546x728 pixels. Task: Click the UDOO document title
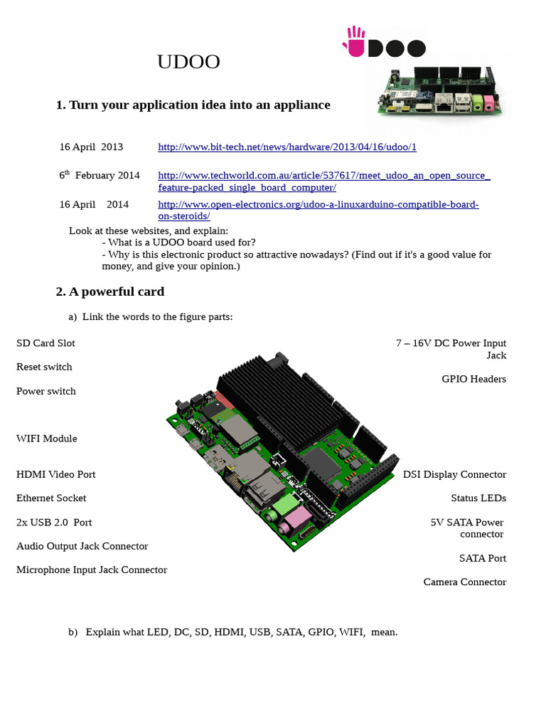coord(188,63)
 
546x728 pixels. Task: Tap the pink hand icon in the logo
coord(355,41)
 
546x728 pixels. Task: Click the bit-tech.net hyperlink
coord(287,147)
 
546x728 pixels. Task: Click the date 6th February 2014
coord(99,176)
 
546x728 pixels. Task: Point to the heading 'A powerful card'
coord(109,291)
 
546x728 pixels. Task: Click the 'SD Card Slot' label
coord(45,343)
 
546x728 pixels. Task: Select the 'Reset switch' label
coord(44,367)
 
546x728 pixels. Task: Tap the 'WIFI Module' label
coord(46,439)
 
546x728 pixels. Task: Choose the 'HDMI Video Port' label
coord(55,474)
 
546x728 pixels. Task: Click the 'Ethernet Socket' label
coord(51,498)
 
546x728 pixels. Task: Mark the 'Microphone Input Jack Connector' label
coord(92,570)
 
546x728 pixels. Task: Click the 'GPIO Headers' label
coord(473,379)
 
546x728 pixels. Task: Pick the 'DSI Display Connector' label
coord(454,474)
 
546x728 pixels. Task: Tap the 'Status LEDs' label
coord(478,498)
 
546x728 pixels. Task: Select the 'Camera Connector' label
coord(465,582)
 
